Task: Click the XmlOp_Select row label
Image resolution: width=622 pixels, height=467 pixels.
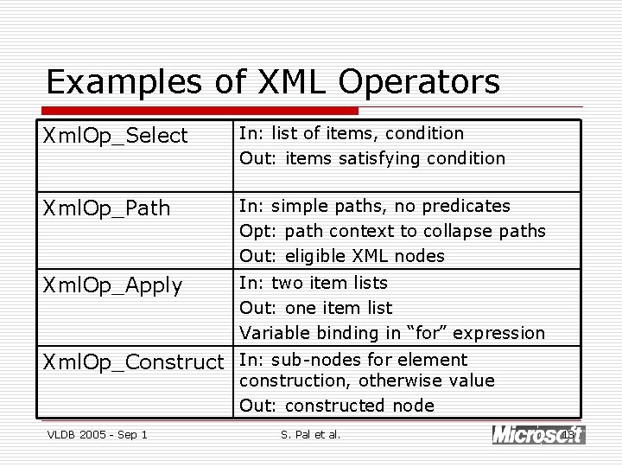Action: click(115, 136)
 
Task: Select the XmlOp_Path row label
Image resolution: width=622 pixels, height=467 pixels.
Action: click(108, 208)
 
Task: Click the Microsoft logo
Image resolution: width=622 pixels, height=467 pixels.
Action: click(537, 434)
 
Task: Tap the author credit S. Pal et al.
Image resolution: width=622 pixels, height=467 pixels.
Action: click(311, 434)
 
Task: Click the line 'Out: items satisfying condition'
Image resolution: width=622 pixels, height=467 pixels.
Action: click(372, 158)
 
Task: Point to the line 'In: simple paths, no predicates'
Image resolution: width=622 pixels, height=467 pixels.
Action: click(374, 206)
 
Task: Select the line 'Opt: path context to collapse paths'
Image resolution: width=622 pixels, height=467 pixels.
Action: click(392, 231)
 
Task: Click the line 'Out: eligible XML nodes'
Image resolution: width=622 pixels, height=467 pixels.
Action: click(342, 256)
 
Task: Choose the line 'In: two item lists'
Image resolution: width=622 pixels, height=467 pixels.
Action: click(313, 283)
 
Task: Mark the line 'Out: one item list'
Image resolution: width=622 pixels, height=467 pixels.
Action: click(315, 308)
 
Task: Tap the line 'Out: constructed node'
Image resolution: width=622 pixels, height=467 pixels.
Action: click(336, 406)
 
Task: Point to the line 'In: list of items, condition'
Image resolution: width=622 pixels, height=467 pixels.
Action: click(351, 133)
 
